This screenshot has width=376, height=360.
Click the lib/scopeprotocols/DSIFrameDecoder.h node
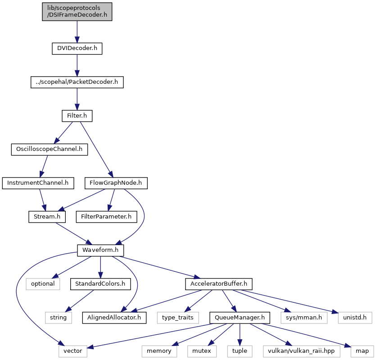[x=77, y=12]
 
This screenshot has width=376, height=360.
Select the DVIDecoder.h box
[x=77, y=49]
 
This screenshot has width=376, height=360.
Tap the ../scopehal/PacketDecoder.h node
[x=77, y=82]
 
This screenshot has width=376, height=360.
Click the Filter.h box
[x=77, y=116]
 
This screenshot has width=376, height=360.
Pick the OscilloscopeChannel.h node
[x=50, y=149]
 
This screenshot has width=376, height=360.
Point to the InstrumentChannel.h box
[x=38, y=183]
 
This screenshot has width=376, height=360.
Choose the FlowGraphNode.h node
[x=116, y=183]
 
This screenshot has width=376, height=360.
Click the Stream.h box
[x=47, y=217]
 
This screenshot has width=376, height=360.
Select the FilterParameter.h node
[x=106, y=217]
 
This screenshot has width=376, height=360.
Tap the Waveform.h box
[x=100, y=251]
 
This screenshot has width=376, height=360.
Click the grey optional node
[x=43, y=284]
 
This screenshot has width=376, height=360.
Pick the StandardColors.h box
[x=100, y=284]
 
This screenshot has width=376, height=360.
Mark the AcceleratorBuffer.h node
[x=219, y=284]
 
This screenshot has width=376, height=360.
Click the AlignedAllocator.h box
[x=114, y=318]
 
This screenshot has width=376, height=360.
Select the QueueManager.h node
[x=240, y=318]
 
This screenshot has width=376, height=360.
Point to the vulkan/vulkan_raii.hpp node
[x=301, y=351]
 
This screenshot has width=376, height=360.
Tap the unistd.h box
[x=355, y=318]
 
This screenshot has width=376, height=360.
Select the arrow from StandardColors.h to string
[x=80, y=301]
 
